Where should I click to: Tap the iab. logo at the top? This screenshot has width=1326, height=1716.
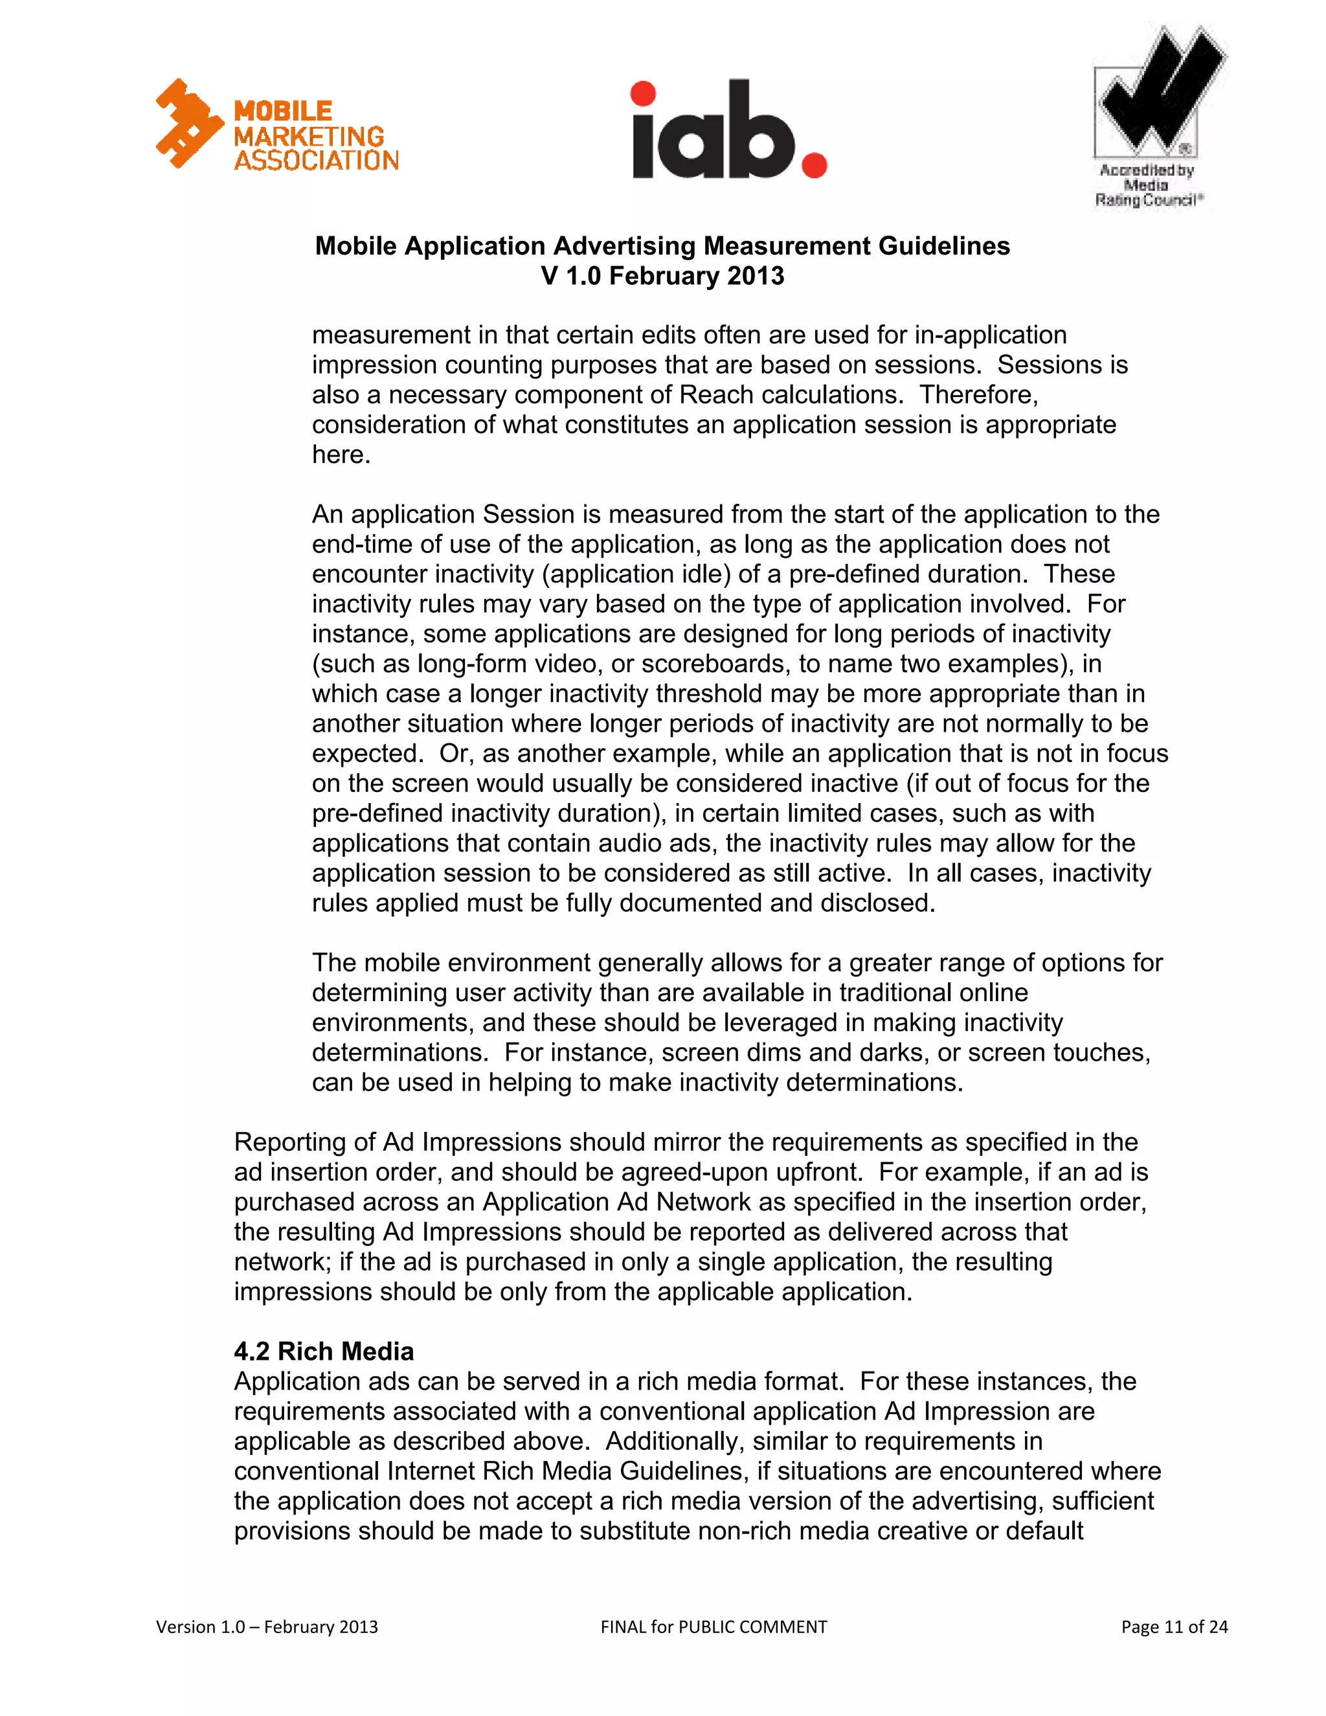pyautogui.click(x=728, y=130)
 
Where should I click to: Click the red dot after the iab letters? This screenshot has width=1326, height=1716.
pyautogui.click(x=814, y=166)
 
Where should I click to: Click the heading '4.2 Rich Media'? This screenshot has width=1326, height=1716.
pyautogui.click(x=324, y=1351)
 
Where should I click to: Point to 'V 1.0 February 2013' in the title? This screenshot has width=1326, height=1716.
pyautogui.click(x=662, y=276)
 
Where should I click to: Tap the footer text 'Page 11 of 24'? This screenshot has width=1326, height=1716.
pyautogui.click(x=1174, y=1627)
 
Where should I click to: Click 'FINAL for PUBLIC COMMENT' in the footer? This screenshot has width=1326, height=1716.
pyautogui.click(x=714, y=1627)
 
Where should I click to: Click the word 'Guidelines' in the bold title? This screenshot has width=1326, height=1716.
pyautogui.click(x=944, y=246)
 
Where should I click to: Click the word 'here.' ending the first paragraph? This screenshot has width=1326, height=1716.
pyautogui.click(x=341, y=455)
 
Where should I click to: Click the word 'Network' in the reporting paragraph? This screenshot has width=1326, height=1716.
pyautogui.click(x=704, y=1202)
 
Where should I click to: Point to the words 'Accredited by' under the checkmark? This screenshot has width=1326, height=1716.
pyautogui.click(x=1147, y=170)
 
